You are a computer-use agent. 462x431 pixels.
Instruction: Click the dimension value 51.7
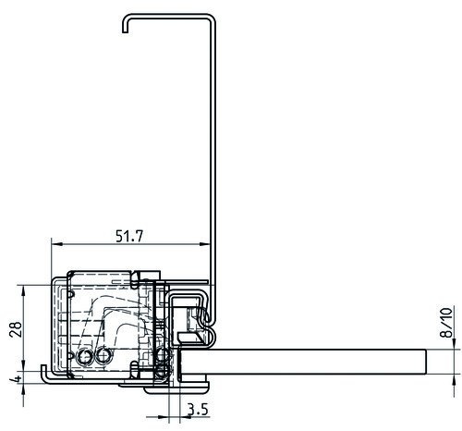point(129,237)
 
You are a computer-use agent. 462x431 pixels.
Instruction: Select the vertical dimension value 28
point(16,329)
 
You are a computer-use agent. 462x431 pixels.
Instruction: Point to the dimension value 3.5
point(198,410)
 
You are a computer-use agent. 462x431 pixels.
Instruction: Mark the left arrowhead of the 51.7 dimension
point(57,244)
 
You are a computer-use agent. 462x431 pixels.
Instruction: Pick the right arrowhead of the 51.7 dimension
point(204,244)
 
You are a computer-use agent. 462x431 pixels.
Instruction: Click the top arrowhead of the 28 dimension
point(23,290)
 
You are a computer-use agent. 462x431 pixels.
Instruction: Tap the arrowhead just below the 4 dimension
point(23,389)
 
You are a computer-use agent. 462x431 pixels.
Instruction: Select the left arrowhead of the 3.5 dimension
point(164,417)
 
